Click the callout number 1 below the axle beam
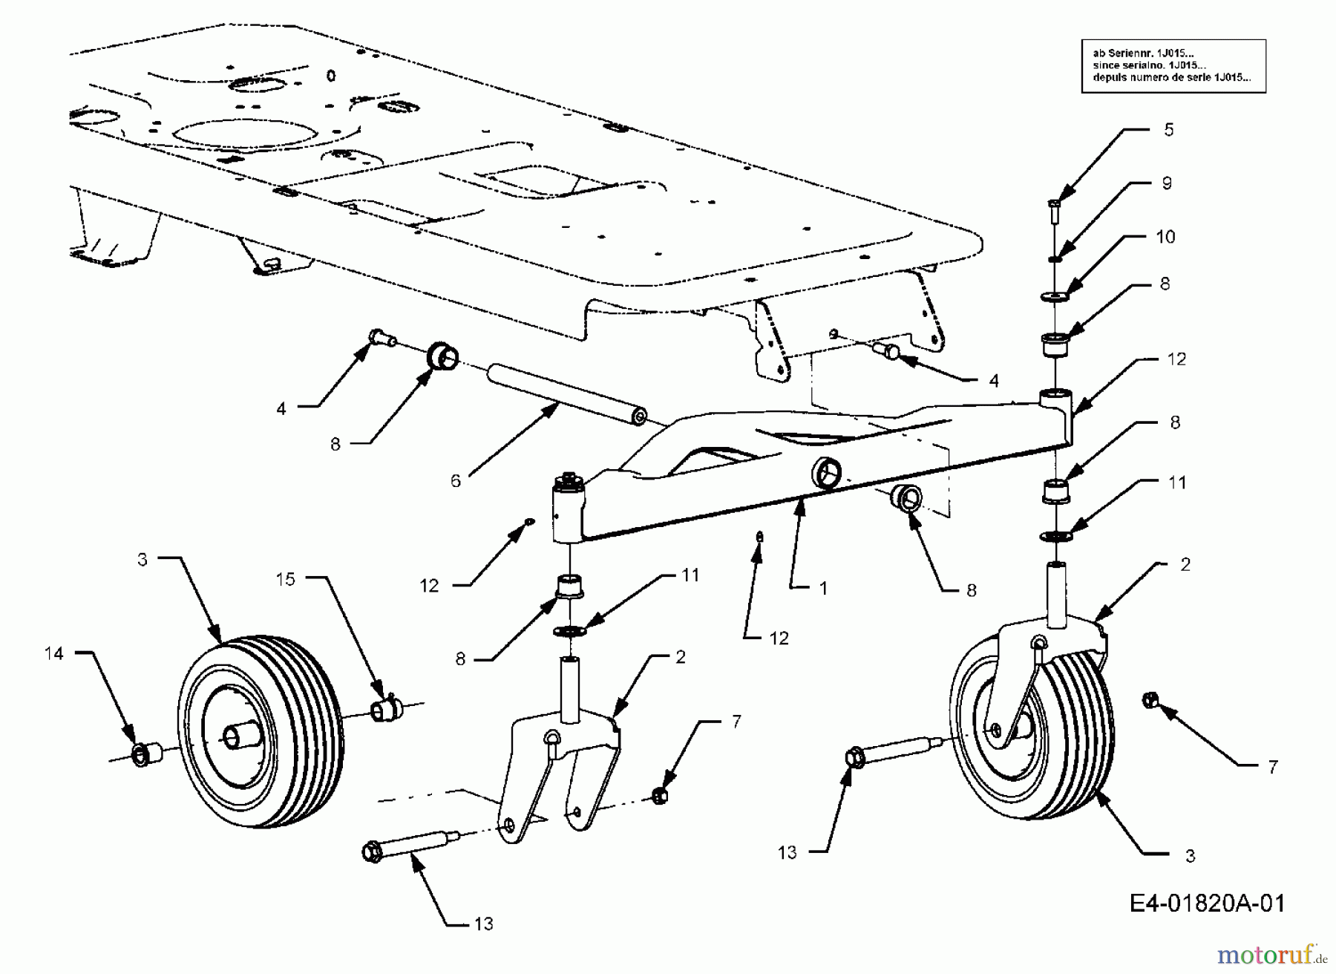822,588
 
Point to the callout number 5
1168,130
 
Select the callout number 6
455,481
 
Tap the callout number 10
1165,237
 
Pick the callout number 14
54,653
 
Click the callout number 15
286,579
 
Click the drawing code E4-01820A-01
1206,903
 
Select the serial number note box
1173,65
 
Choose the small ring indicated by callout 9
1055,258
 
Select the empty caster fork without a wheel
560,772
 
